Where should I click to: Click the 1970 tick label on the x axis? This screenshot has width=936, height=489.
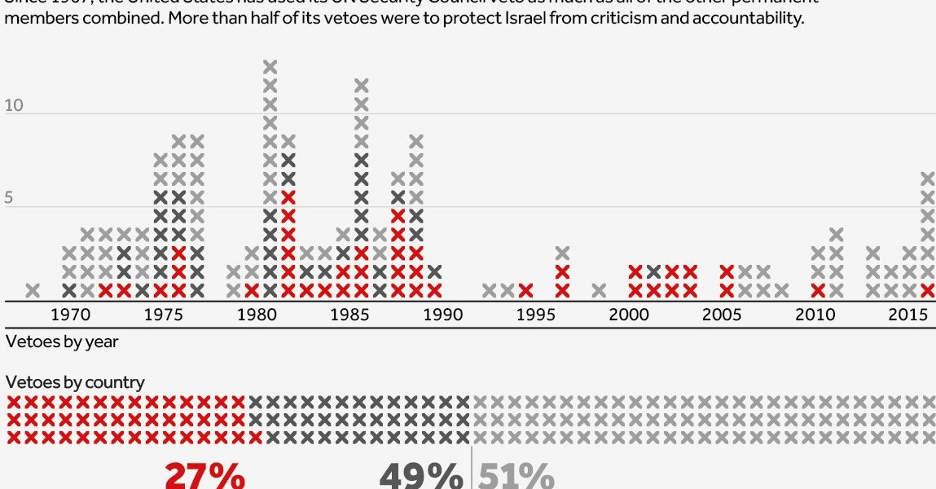[x=70, y=315]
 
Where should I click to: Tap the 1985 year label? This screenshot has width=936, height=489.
[x=351, y=315]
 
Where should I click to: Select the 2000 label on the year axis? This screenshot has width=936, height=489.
[x=629, y=315]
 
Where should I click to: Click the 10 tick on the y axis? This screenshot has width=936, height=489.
[x=14, y=106]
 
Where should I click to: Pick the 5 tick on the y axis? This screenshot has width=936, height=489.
[x=9, y=197]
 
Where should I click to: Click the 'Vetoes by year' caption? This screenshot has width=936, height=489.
[x=62, y=341]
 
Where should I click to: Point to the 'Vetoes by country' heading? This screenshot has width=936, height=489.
[x=75, y=381]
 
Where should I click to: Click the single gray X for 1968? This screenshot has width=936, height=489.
[x=33, y=290]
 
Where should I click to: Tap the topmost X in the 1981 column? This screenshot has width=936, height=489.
[x=270, y=67]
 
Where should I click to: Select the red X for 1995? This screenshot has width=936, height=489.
[x=526, y=290]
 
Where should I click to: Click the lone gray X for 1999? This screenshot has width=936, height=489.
[x=599, y=290]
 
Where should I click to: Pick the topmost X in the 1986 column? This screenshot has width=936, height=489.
[x=362, y=85]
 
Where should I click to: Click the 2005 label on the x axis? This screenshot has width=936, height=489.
[x=723, y=315]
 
